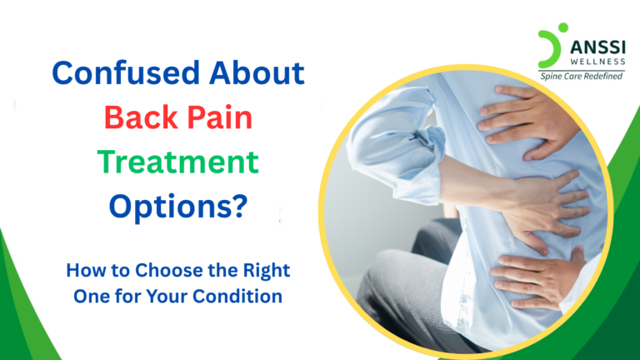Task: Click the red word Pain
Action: pos(216,118)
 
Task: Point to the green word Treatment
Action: pos(178,160)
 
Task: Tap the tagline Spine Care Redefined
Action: pos(589,76)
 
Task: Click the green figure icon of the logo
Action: pos(551,45)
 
